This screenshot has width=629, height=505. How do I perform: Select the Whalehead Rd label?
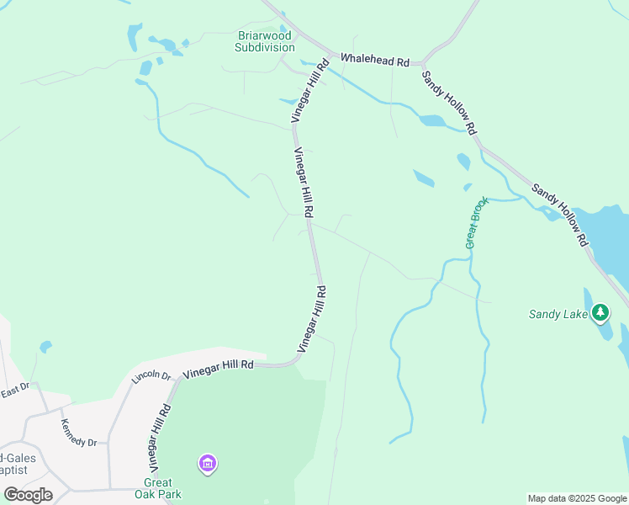click(374, 61)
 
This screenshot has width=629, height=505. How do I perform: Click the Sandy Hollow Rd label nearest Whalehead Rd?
click(450, 103)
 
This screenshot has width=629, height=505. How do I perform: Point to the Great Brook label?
click(477, 222)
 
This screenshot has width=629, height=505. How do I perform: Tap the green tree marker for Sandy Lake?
click(600, 313)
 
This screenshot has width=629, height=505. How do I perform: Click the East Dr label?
click(15, 390)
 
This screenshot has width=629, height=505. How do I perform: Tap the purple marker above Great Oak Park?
click(208, 463)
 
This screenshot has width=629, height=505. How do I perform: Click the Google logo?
click(28, 494)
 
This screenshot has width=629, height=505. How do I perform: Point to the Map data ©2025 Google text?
click(577, 498)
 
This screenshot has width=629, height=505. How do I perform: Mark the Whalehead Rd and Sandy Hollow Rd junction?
click(424, 63)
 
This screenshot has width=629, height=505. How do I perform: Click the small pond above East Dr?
click(45, 346)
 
